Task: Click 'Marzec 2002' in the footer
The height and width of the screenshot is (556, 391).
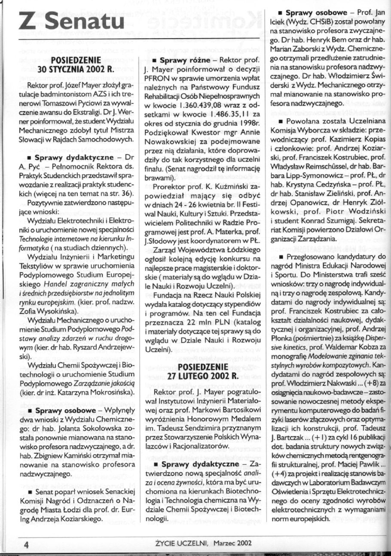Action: [x=230, y=544]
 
